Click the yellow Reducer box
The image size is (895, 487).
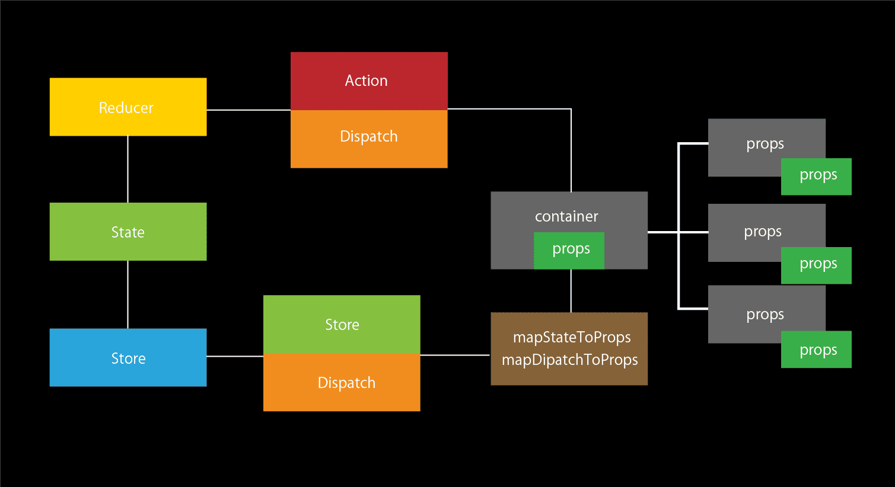coord(128,107)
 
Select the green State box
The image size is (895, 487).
coord(128,232)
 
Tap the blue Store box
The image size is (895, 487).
coord(128,358)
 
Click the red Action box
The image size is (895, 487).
coord(368,81)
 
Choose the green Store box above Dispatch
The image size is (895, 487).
coord(342,324)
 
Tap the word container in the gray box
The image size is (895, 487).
coord(566,216)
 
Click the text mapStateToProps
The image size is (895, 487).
coord(571,337)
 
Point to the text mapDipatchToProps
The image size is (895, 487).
coord(569,360)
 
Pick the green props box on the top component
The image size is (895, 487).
coord(817,176)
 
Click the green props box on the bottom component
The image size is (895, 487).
coord(817,350)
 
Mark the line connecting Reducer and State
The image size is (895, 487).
coord(128,169)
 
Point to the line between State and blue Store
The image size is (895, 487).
coord(128,294)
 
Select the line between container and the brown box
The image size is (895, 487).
coord(571,291)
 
